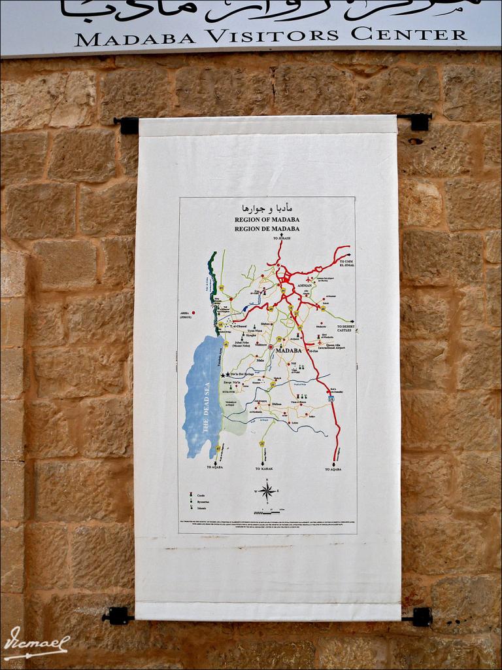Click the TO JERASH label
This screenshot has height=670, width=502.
click(277, 238)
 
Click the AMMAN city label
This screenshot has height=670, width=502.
click(305, 286)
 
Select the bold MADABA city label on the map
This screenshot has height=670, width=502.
click(289, 351)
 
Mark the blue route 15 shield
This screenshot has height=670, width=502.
click(331, 398)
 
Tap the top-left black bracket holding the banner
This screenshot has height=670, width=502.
click(127, 124)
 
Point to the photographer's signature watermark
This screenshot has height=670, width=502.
click(36, 643)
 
